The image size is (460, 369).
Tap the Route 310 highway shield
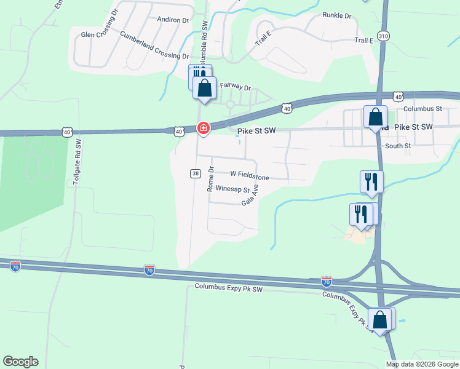(x=384, y=37)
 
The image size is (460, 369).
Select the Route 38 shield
(x=195, y=174)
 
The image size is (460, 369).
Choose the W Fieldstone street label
(x=250, y=175)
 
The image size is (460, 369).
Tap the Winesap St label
(x=232, y=190)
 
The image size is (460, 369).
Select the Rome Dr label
(x=210, y=178)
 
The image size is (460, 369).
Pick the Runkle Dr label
(x=336, y=15)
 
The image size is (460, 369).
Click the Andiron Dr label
(x=173, y=20)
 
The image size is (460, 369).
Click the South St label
(x=397, y=146)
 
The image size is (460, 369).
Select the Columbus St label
(x=422, y=109)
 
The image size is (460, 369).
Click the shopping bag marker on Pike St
(x=375, y=117)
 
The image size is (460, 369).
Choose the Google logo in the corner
(x=20, y=362)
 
